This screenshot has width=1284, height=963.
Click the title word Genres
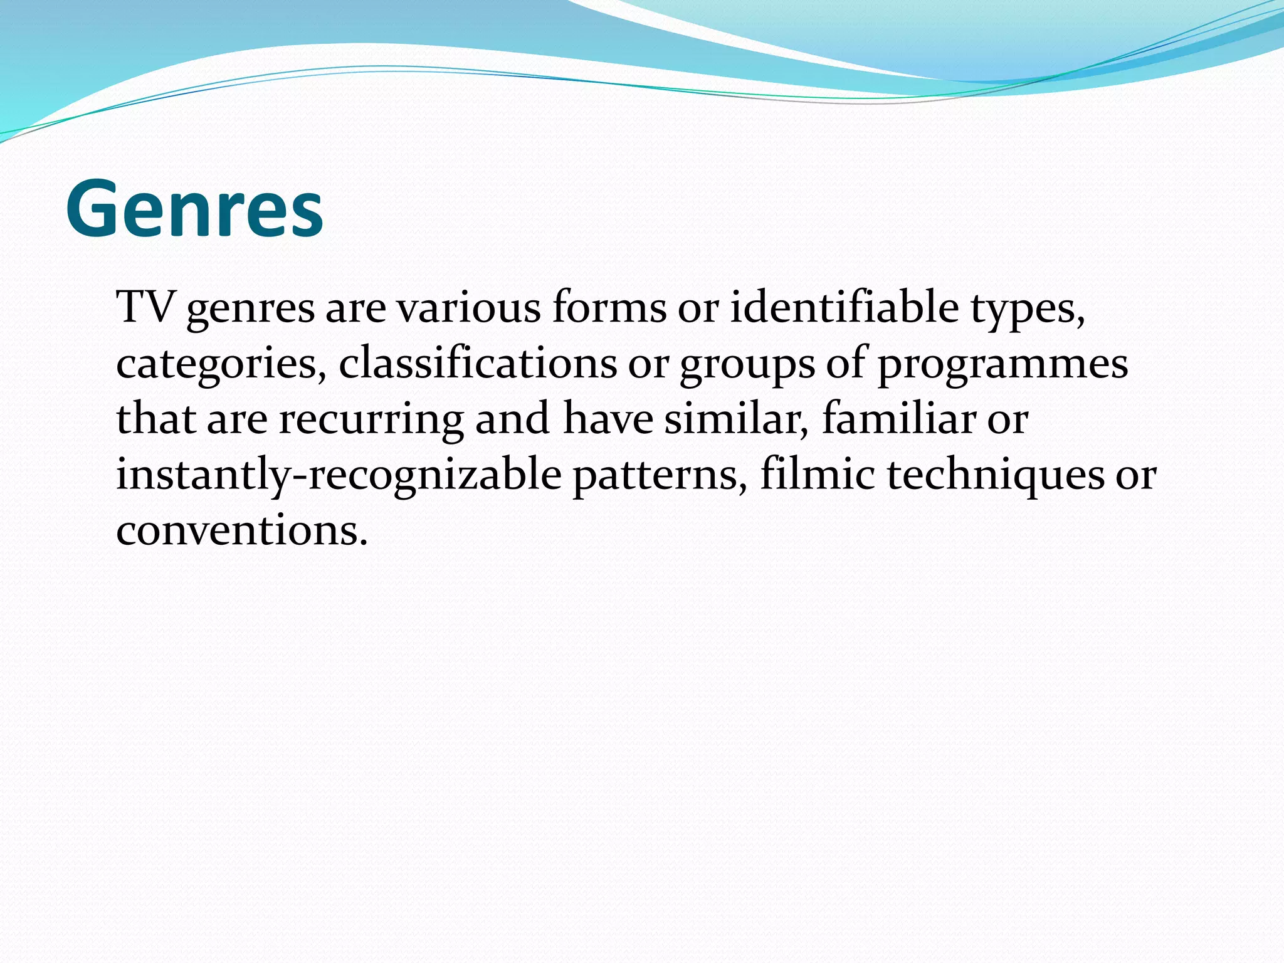[x=194, y=208]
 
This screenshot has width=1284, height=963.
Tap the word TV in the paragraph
[x=145, y=307]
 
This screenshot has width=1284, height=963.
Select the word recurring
[x=371, y=419]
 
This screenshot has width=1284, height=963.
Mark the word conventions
[x=241, y=530]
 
